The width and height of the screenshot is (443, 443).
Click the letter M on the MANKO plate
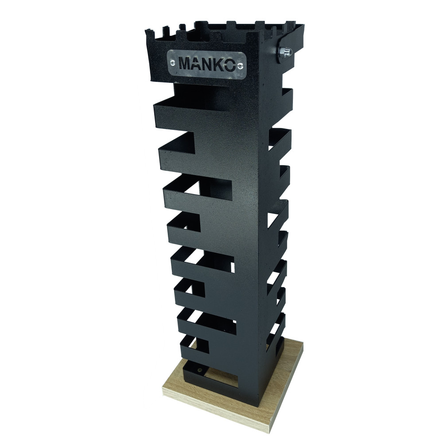click(x=185, y=64)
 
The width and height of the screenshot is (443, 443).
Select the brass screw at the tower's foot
click(x=200, y=370)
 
